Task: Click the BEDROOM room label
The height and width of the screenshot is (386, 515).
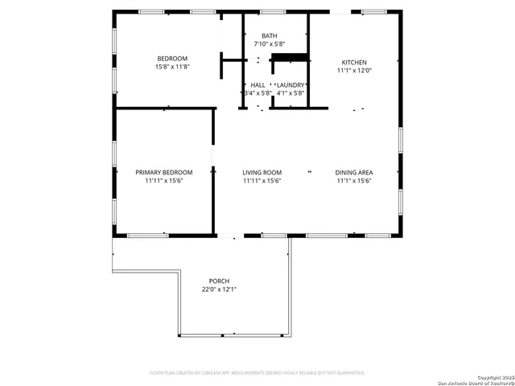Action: pyautogui.click(x=172, y=59)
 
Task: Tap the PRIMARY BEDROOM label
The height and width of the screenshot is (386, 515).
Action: pyautogui.click(x=164, y=172)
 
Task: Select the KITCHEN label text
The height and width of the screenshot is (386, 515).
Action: pyautogui.click(x=354, y=63)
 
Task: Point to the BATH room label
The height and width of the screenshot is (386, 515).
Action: pyautogui.click(x=269, y=36)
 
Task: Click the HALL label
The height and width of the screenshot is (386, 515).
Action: pyautogui.click(x=257, y=84)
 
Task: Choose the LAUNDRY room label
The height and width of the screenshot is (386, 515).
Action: pyautogui.click(x=290, y=84)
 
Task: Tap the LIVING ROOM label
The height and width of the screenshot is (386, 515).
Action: pyautogui.click(x=262, y=172)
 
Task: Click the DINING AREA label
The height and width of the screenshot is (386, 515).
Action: pyautogui.click(x=354, y=172)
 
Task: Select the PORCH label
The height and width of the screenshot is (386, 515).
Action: pyautogui.click(x=219, y=281)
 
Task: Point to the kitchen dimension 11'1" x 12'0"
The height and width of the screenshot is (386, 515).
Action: pyautogui.click(x=354, y=71)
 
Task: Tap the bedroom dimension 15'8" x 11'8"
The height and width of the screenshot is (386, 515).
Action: pyautogui.click(x=172, y=67)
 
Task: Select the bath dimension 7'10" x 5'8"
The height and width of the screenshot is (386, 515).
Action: pyautogui.click(x=269, y=44)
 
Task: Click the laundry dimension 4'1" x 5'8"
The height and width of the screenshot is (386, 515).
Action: pyautogui.click(x=290, y=92)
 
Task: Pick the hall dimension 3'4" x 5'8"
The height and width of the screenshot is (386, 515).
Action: pyautogui.click(x=257, y=92)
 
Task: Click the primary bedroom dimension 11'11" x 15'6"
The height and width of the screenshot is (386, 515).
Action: pyautogui.click(x=164, y=180)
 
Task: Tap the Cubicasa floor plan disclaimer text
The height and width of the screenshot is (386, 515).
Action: pyautogui.click(x=257, y=372)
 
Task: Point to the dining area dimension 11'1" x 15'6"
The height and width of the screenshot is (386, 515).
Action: pyautogui.click(x=354, y=180)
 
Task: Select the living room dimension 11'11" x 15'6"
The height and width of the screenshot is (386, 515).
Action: pyautogui.click(x=262, y=180)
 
